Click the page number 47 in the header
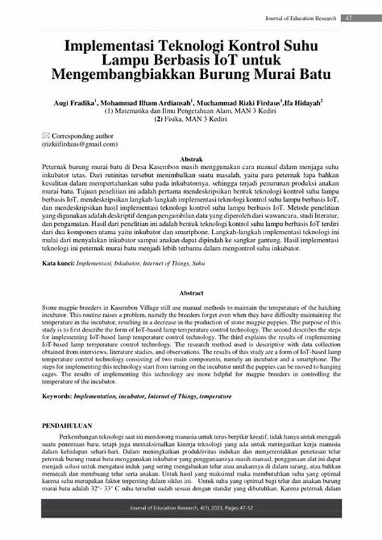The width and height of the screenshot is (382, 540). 350,18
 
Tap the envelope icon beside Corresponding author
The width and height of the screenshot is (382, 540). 45,135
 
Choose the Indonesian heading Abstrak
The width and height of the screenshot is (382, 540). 192,158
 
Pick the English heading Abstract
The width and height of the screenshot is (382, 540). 192,293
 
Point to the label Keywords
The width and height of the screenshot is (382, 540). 56,396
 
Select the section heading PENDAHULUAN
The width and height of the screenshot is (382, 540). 67,425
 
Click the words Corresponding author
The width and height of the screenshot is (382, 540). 83,135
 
